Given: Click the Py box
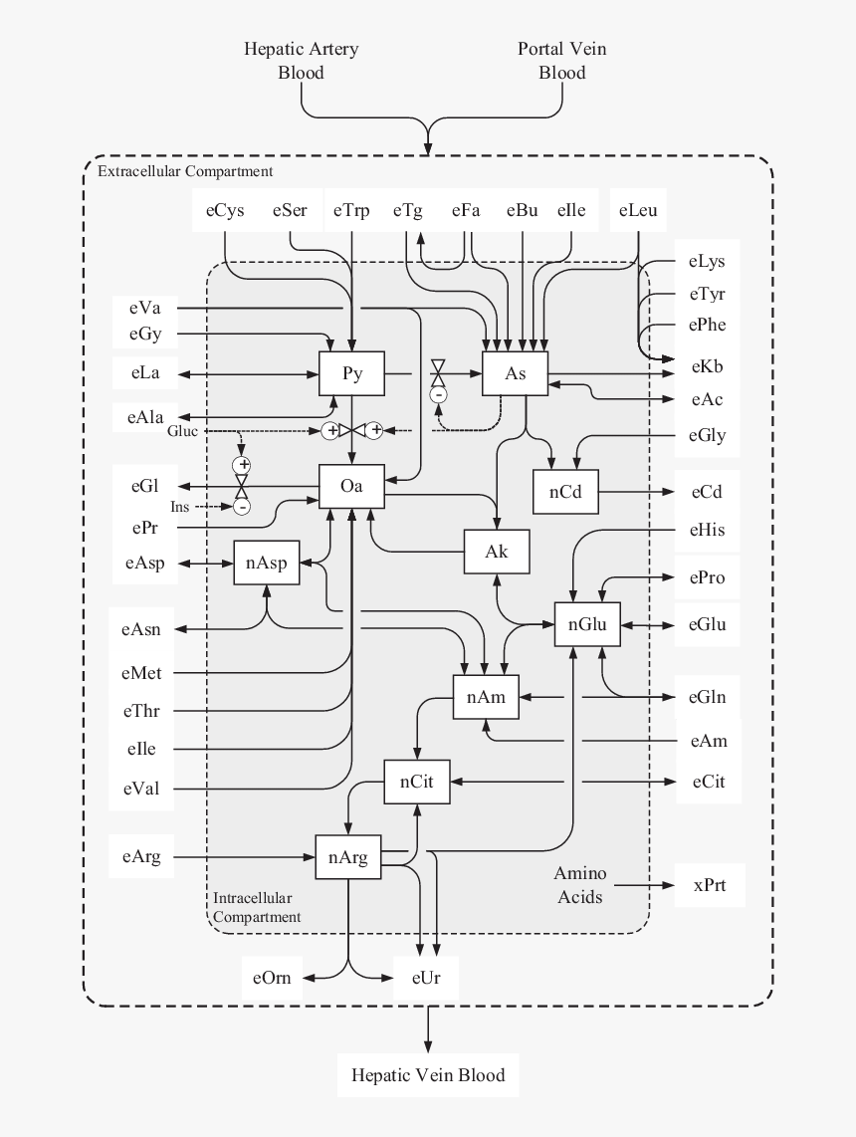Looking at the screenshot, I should coord(351,374).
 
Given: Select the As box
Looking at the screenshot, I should coord(515,374).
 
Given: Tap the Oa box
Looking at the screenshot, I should coord(351,487).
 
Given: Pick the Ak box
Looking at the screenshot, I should coord(496,551).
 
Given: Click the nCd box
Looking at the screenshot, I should coord(564,492).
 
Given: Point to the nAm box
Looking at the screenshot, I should coord(486,698).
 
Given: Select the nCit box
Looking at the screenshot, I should coord(417,782).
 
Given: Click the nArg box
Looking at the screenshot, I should coord(347,857).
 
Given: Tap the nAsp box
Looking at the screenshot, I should coord(266,564).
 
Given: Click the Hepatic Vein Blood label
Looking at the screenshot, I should coord(428,1075).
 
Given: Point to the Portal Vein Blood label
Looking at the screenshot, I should coord(561,61).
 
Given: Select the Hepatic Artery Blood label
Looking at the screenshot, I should coord(302,61).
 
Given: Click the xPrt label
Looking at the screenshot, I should coord(711,884).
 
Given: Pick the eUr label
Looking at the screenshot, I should coord(426,978).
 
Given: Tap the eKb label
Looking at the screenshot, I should coord(707,367).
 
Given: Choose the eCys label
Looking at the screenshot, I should coord(225,210).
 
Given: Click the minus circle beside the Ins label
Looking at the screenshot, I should coord(241,507).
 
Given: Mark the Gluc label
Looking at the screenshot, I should coord(182,431).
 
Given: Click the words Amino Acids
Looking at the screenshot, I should coord(580,885).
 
